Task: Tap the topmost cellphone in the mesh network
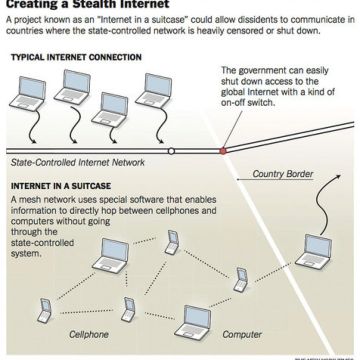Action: pos(172,237)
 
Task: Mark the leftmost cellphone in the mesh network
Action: pos(43,311)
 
